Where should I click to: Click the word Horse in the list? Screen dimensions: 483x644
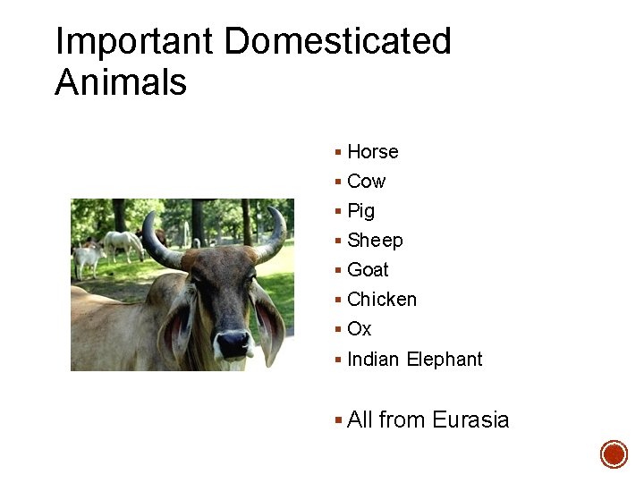pos(372,152)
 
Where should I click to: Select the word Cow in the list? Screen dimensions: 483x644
pos(366,182)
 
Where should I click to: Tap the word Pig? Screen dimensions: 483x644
pos(360,211)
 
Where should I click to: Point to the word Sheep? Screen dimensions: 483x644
pos(375,241)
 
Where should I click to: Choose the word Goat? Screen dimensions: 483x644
pos(368,270)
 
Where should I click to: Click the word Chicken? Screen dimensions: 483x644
pos(382,300)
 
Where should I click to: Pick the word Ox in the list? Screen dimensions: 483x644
pos(359,329)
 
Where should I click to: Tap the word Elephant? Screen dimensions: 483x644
pos(444,360)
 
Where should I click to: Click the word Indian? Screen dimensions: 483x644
pos(373,360)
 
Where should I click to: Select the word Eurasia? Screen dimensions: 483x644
pos(470,419)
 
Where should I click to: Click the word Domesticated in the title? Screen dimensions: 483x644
pos(338,41)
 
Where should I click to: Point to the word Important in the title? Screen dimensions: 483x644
pos(134,41)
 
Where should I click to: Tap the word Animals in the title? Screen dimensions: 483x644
pos(121,82)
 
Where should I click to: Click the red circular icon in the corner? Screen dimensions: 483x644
pos(614,453)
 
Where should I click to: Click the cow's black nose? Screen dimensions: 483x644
pos(233,343)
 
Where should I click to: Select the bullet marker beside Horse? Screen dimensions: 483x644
pos(337,152)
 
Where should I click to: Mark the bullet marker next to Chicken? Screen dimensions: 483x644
pos(337,300)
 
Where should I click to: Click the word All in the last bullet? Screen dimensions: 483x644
pos(360,419)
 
